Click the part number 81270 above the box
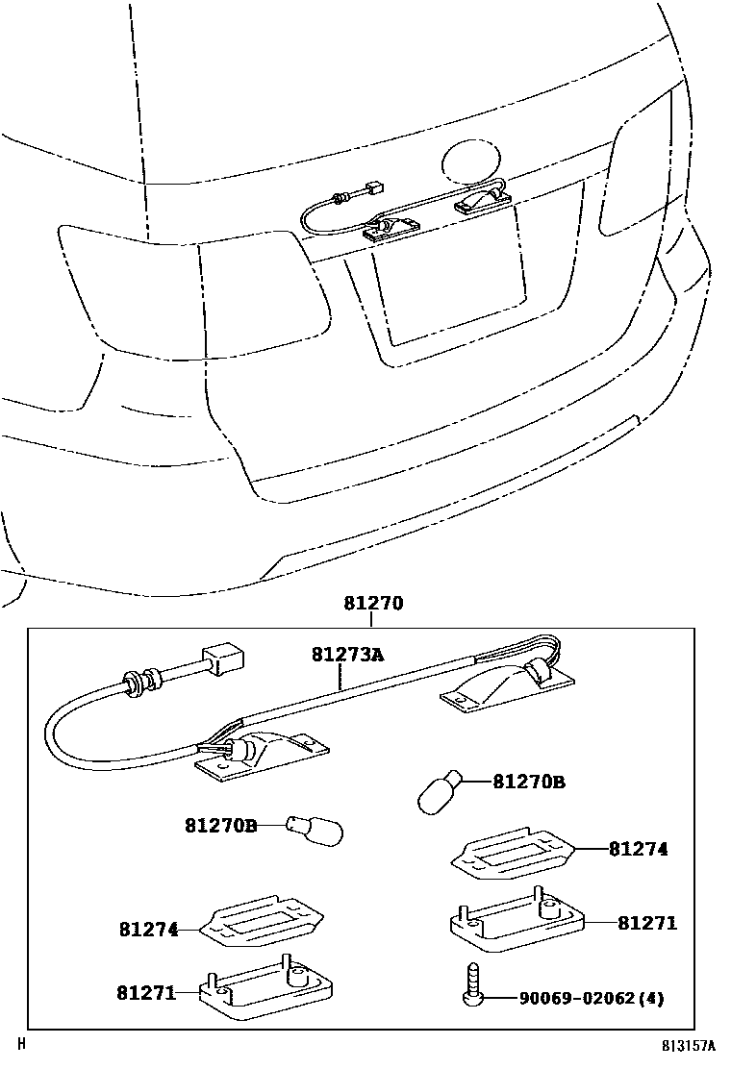pyautogui.click(x=372, y=605)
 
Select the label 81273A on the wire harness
pyautogui.click(x=346, y=655)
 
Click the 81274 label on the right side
pyautogui.click(x=637, y=849)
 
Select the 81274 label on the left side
pyautogui.click(x=149, y=930)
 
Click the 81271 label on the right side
pyautogui.click(x=647, y=923)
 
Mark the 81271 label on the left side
pyautogui.click(x=146, y=992)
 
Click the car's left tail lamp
pyautogui.click(x=192, y=293)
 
